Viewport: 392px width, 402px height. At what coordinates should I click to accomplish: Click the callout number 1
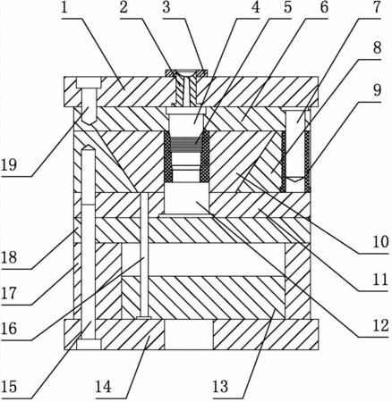pos(64,8)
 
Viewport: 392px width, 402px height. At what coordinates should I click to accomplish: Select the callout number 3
pos(166,8)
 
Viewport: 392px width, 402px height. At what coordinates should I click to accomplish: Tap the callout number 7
pos(377,8)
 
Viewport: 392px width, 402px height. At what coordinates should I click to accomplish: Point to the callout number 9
pos(377,90)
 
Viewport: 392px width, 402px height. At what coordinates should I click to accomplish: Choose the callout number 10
pos(380,242)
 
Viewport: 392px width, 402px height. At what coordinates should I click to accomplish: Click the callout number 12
pos(380,326)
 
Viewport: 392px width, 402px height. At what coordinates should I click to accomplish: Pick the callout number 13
pos(220,387)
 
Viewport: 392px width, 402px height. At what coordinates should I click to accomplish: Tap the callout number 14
pos(104,387)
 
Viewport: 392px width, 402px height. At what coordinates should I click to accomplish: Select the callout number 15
pos(9,387)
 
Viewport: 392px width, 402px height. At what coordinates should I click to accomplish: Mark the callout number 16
pos(9,329)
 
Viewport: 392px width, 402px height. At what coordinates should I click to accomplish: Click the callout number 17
pos(9,294)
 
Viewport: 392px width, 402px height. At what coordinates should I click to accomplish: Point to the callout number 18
pos(9,257)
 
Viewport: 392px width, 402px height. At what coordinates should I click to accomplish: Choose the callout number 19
pos(9,164)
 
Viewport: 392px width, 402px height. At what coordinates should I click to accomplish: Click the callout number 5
pos(287,8)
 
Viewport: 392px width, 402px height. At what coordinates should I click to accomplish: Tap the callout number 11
pos(380,281)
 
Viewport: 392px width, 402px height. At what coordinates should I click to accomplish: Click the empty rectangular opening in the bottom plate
pos(189,334)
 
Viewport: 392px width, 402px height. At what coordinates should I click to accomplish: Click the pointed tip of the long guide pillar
pos(89,145)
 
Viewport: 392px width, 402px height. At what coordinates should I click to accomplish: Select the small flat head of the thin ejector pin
pos(143,318)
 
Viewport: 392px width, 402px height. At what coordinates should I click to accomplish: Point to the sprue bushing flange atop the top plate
pos(187,72)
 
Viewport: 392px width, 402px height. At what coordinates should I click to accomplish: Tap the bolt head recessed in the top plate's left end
pos(89,82)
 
